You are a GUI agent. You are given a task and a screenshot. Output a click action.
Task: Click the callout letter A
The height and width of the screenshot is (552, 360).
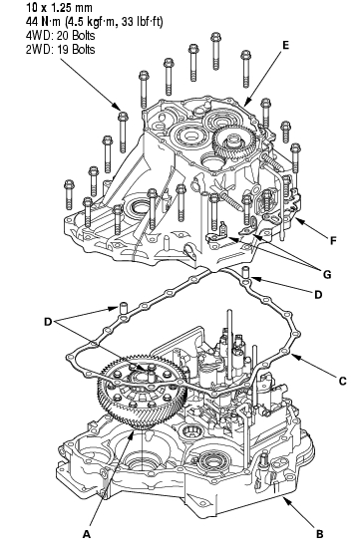pyautogui.click(x=87, y=534)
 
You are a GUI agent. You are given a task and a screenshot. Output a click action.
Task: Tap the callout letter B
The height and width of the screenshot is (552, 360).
pyautogui.click(x=319, y=534)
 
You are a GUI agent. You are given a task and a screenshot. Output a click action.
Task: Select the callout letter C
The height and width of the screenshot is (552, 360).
pyautogui.click(x=342, y=381)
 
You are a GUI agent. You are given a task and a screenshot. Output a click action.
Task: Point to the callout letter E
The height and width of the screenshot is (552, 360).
pyautogui.click(x=285, y=45)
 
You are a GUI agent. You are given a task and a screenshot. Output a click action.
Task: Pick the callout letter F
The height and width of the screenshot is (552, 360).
pyautogui.click(x=333, y=241)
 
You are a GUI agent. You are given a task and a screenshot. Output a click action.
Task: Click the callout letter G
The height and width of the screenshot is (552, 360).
pyautogui.click(x=327, y=274)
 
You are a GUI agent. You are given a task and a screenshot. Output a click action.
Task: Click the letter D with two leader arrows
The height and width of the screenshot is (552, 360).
pyautogui.click(x=48, y=322)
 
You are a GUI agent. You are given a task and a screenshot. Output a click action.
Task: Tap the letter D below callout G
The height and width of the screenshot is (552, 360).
pyautogui.click(x=318, y=294)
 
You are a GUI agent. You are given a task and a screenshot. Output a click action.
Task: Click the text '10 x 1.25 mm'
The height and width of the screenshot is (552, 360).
pyautogui.click(x=59, y=7)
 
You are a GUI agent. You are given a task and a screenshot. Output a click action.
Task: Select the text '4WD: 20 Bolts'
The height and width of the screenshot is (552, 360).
pyautogui.click(x=60, y=36)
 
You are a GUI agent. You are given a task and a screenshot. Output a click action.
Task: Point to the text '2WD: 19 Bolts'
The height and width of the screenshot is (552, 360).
pyautogui.click(x=60, y=49)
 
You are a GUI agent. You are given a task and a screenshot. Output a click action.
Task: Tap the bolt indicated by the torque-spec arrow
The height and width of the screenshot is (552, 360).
pyautogui.click(x=123, y=132)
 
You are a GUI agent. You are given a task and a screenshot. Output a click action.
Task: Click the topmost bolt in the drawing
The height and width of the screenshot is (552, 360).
pyautogui.click(x=215, y=51)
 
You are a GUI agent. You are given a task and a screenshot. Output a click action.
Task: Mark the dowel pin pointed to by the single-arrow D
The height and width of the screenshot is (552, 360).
pyautogui.click(x=246, y=272)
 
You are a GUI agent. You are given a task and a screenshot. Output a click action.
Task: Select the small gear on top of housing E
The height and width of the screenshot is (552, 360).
pyautogui.click(x=232, y=144)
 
